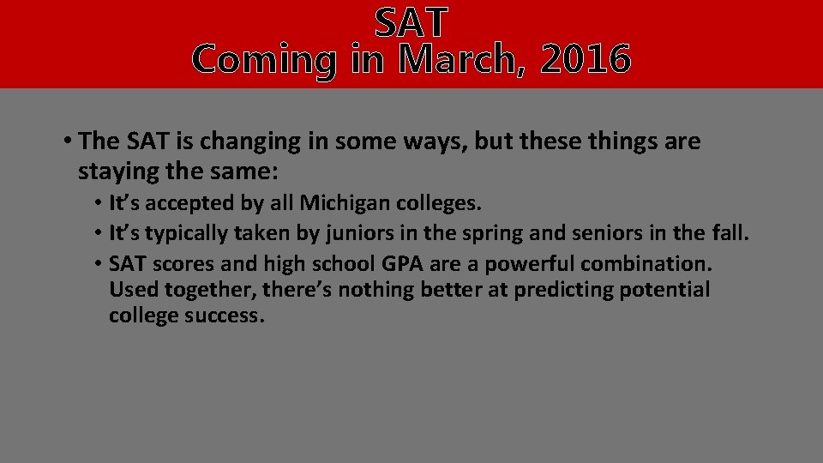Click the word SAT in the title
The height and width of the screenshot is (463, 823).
coord(411,22)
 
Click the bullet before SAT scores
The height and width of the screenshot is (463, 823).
coord(100,262)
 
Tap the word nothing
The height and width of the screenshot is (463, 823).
coord(376,290)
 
